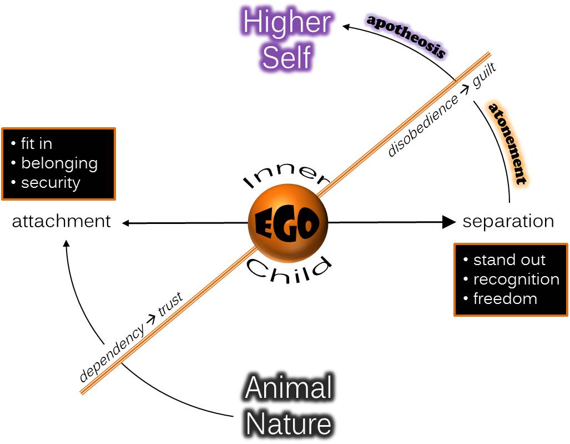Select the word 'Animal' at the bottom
[289, 388]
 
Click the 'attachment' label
[62, 221]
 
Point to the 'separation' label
[508, 221]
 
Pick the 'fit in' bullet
[37, 144]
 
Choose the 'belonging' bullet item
[59, 163]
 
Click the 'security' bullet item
[51, 183]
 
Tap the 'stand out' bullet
[509, 260]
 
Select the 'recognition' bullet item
[516, 279]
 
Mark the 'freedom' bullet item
[505, 298]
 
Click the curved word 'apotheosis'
[406, 36]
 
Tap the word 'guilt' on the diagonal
[484, 75]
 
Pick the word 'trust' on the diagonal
[170, 305]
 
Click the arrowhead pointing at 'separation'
[448, 222]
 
